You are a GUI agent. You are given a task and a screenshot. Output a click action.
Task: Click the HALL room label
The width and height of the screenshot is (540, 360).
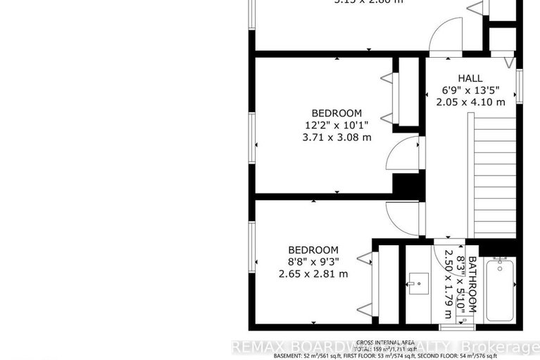click(x=471, y=78)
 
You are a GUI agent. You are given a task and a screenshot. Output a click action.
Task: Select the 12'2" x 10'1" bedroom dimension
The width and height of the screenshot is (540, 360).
click(x=337, y=125)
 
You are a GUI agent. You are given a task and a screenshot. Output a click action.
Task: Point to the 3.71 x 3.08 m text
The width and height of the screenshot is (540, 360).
click(x=337, y=137)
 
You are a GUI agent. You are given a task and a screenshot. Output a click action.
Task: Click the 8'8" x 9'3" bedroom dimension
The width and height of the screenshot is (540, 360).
click(x=313, y=262)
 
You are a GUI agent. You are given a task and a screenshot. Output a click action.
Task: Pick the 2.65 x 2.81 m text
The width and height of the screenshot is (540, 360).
click(x=313, y=274)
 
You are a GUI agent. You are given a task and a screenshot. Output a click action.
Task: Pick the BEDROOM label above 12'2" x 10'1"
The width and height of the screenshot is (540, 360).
click(x=337, y=113)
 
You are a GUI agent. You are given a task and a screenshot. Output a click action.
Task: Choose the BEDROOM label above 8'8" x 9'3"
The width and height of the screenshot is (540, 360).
click(x=313, y=249)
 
